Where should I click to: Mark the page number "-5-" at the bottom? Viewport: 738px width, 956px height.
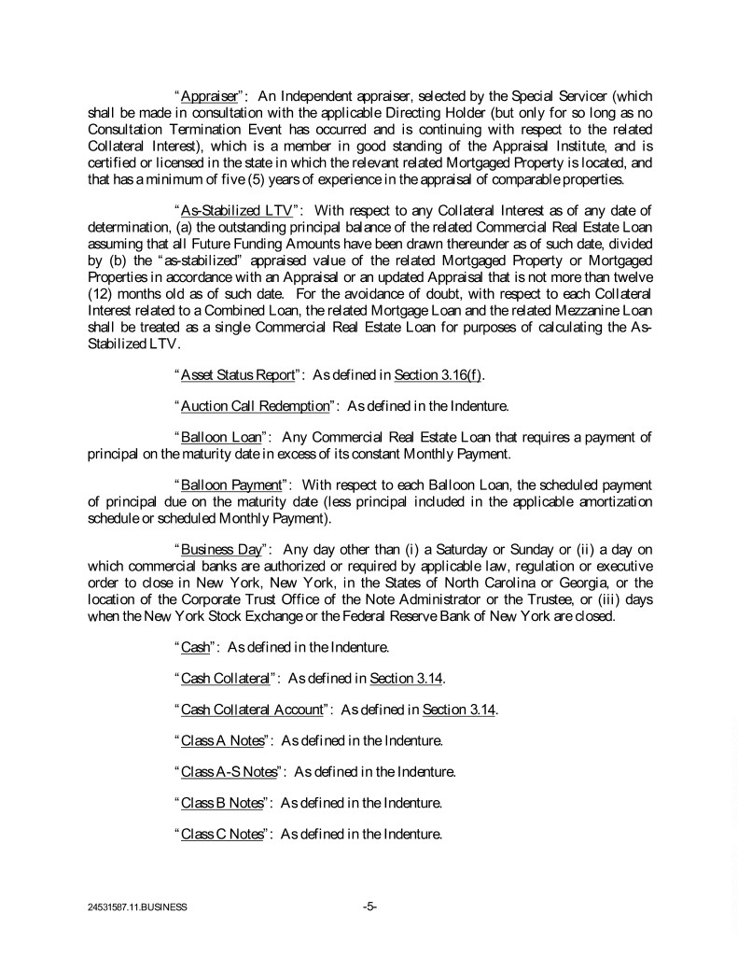(369, 906)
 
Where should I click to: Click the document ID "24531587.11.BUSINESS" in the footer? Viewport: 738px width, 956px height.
(132, 907)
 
